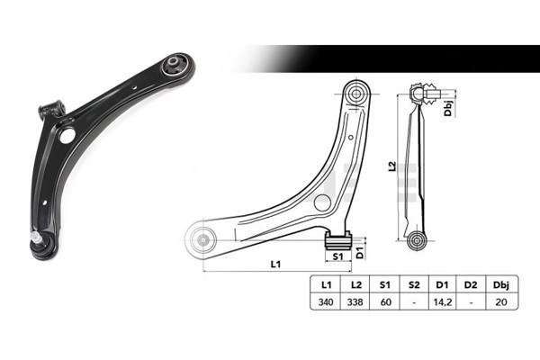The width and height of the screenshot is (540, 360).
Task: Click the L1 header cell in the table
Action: tap(325, 284)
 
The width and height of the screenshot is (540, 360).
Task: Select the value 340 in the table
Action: tap(325, 302)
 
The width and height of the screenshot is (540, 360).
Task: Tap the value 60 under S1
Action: tap(383, 302)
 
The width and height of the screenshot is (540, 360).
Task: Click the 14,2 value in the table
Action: tap(442, 302)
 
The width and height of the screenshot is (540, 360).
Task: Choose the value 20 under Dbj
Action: tap(501, 302)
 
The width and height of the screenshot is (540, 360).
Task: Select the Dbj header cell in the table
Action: tap(501, 284)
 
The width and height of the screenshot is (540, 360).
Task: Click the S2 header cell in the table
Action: tap(413, 284)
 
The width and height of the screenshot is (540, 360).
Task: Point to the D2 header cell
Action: tap(472, 284)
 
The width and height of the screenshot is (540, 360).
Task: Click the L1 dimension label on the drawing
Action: tap(275, 264)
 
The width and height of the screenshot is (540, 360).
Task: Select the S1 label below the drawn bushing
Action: tap(338, 256)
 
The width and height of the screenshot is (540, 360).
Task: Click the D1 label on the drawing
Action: tap(360, 253)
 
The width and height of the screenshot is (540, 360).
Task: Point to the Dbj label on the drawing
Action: tap(447, 109)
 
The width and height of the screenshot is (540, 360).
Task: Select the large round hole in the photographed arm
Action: tap(66, 136)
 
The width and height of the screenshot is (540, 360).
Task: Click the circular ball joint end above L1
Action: tap(201, 238)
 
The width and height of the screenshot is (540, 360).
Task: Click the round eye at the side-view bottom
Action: tap(415, 240)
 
